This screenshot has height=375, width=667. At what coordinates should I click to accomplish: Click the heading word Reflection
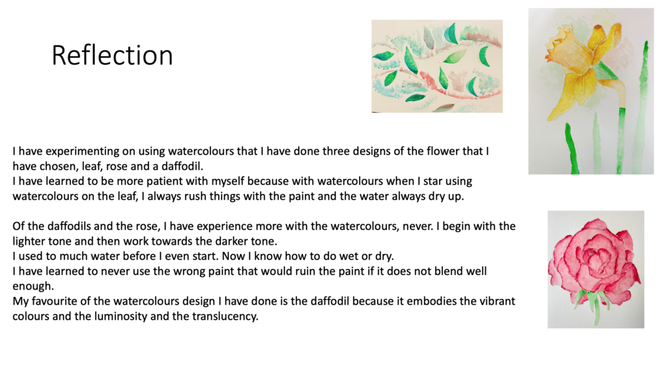click(112, 55)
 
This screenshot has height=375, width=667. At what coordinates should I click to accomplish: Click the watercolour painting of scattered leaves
click(437, 66)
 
